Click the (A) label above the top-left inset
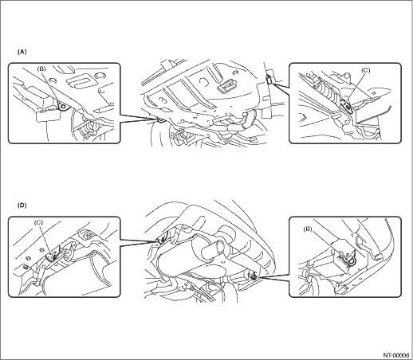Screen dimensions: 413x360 tap(22, 52)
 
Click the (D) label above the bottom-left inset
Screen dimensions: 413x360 tap(22, 205)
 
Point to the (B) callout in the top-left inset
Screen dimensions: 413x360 tap(41, 69)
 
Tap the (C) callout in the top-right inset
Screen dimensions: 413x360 tap(365, 70)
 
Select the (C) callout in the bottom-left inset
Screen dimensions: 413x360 tap(39, 222)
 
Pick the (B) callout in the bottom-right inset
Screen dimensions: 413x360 tap(308, 229)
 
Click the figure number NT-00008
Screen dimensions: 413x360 tap(396, 355)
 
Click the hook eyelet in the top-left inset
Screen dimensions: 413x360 tap(63, 106)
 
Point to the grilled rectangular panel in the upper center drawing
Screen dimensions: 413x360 tap(226, 86)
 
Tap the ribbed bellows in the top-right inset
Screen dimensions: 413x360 tap(327, 89)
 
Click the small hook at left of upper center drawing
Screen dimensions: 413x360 tap(160, 120)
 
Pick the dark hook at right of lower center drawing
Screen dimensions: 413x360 tap(254, 277)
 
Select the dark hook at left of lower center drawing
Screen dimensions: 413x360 tap(161, 241)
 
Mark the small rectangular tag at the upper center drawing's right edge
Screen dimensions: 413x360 tap(269, 79)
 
